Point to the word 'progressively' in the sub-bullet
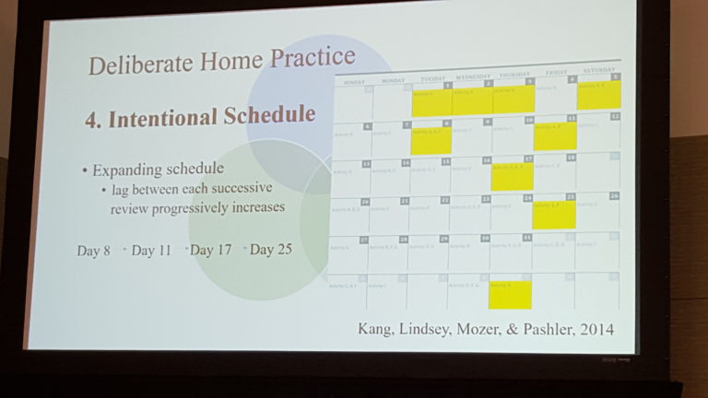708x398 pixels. [x=213, y=207]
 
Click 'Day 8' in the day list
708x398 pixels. [x=94, y=250]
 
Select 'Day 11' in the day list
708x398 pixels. [x=151, y=250]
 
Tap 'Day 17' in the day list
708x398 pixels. [x=213, y=250]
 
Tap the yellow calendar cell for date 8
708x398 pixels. [x=431, y=137]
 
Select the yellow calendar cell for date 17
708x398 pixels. [x=512, y=174]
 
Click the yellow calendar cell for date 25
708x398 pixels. [x=554, y=213]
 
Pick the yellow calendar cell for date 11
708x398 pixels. [x=555, y=135]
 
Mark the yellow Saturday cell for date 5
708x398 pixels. [x=599, y=94]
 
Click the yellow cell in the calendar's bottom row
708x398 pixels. [x=510, y=294]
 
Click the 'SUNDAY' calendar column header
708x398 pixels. [x=353, y=81]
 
